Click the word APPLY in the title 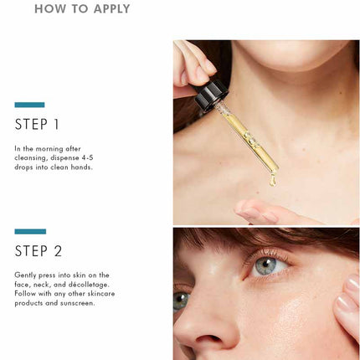112,8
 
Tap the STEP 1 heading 37,124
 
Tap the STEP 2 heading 39,250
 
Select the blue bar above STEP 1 29,105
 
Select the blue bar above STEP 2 30,231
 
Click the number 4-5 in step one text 87,157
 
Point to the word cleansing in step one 31,158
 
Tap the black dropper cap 211,95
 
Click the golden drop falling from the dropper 273,180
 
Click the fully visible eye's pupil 265,264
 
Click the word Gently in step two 25,275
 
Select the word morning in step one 49,149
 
